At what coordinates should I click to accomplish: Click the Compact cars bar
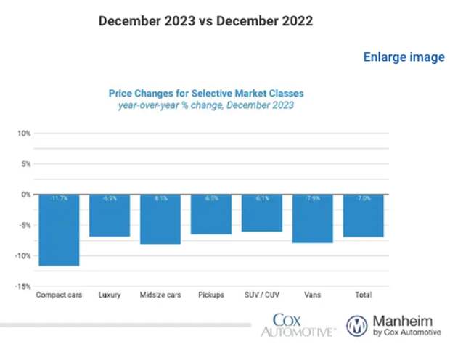pos(59,230)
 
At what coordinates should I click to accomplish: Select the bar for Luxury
pos(110,216)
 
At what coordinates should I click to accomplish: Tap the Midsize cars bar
pos(160,219)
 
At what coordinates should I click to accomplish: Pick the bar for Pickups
pos(211,214)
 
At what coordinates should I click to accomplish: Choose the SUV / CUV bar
pos(261,213)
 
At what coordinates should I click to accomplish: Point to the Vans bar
pos(312,218)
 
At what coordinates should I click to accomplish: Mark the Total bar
pos(364,216)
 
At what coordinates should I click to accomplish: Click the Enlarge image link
pos(404,57)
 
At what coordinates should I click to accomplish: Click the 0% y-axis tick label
pos(25,195)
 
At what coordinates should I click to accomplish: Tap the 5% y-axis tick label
pos(25,164)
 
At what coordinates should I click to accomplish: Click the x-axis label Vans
pos(312,295)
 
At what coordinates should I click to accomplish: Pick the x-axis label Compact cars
pos(59,295)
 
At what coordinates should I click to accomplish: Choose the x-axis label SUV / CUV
pos(261,295)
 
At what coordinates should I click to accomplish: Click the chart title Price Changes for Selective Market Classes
pos(206,94)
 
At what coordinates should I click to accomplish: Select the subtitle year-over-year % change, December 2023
pos(206,106)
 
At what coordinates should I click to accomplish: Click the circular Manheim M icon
pos(356,324)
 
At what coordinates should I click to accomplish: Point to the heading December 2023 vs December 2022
pos(205,21)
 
